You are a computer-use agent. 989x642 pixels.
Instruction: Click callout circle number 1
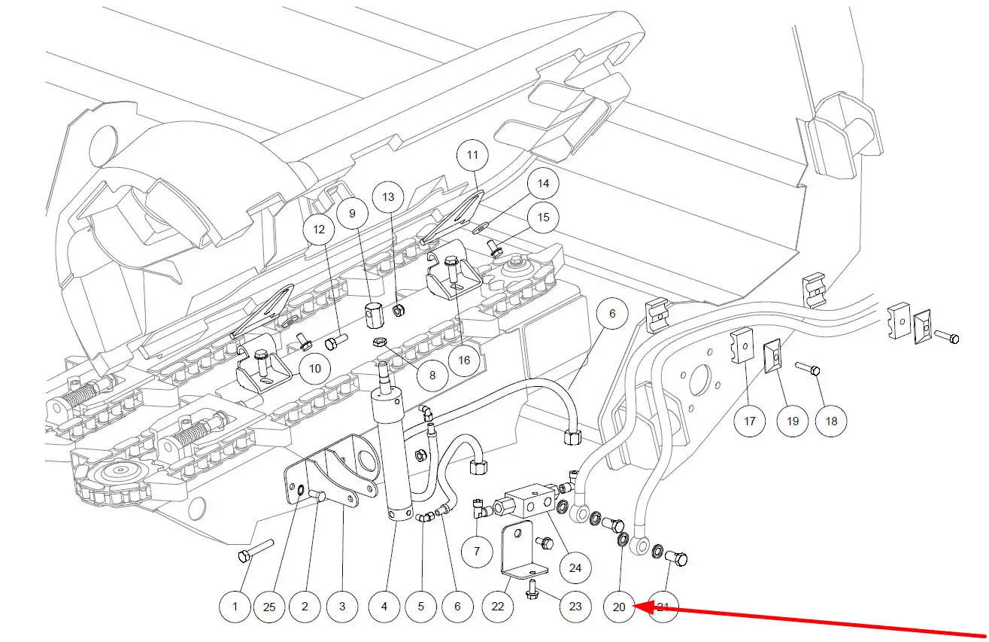point(235,606)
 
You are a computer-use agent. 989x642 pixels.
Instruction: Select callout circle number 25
point(269,606)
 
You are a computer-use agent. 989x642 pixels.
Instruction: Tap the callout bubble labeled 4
point(384,606)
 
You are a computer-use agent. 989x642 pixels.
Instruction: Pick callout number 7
point(476,552)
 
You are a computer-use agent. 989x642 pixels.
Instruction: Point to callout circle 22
point(498,606)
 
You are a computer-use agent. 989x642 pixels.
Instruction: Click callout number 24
point(575,567)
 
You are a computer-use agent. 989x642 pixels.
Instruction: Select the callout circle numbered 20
point(620,606)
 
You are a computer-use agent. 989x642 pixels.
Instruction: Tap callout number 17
point(750,421)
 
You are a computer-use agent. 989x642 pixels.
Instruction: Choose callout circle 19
point(793,421)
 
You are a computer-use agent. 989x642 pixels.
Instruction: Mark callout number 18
point(831,421)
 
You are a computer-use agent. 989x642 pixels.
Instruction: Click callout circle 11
point(472,156)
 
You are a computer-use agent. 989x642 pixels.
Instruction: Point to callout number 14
point(543,183)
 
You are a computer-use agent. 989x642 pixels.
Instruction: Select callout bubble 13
point(388,197)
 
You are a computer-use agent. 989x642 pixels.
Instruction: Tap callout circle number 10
point(314,368)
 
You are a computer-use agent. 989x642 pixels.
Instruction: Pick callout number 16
point(463,360)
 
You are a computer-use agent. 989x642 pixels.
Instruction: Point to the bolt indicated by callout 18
point(808,369)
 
